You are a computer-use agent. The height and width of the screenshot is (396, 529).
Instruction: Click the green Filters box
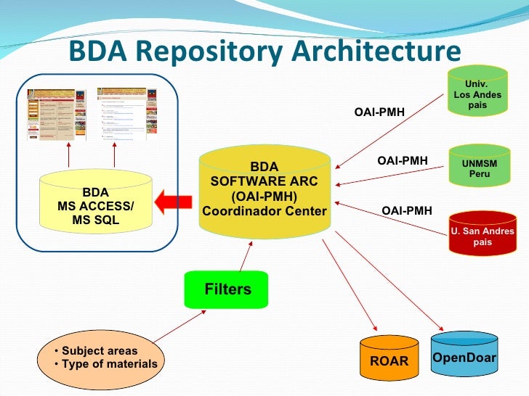tap(227, 289)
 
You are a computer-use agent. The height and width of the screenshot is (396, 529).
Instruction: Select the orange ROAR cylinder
tap(389, 359)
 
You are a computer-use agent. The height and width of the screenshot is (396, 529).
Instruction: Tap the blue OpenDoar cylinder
tap(464, 355)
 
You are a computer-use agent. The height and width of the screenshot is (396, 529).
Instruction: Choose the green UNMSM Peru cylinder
tap(480, 169)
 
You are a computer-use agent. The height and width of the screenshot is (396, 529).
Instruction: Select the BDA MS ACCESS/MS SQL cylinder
tap(95, 206)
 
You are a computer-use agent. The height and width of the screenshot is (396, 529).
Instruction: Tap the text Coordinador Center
tap(264, 211)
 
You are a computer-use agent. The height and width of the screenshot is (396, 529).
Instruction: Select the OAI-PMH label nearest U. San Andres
tap(407, 210)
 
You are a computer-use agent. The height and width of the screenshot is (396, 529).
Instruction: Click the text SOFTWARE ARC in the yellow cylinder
tap(264, 181)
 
